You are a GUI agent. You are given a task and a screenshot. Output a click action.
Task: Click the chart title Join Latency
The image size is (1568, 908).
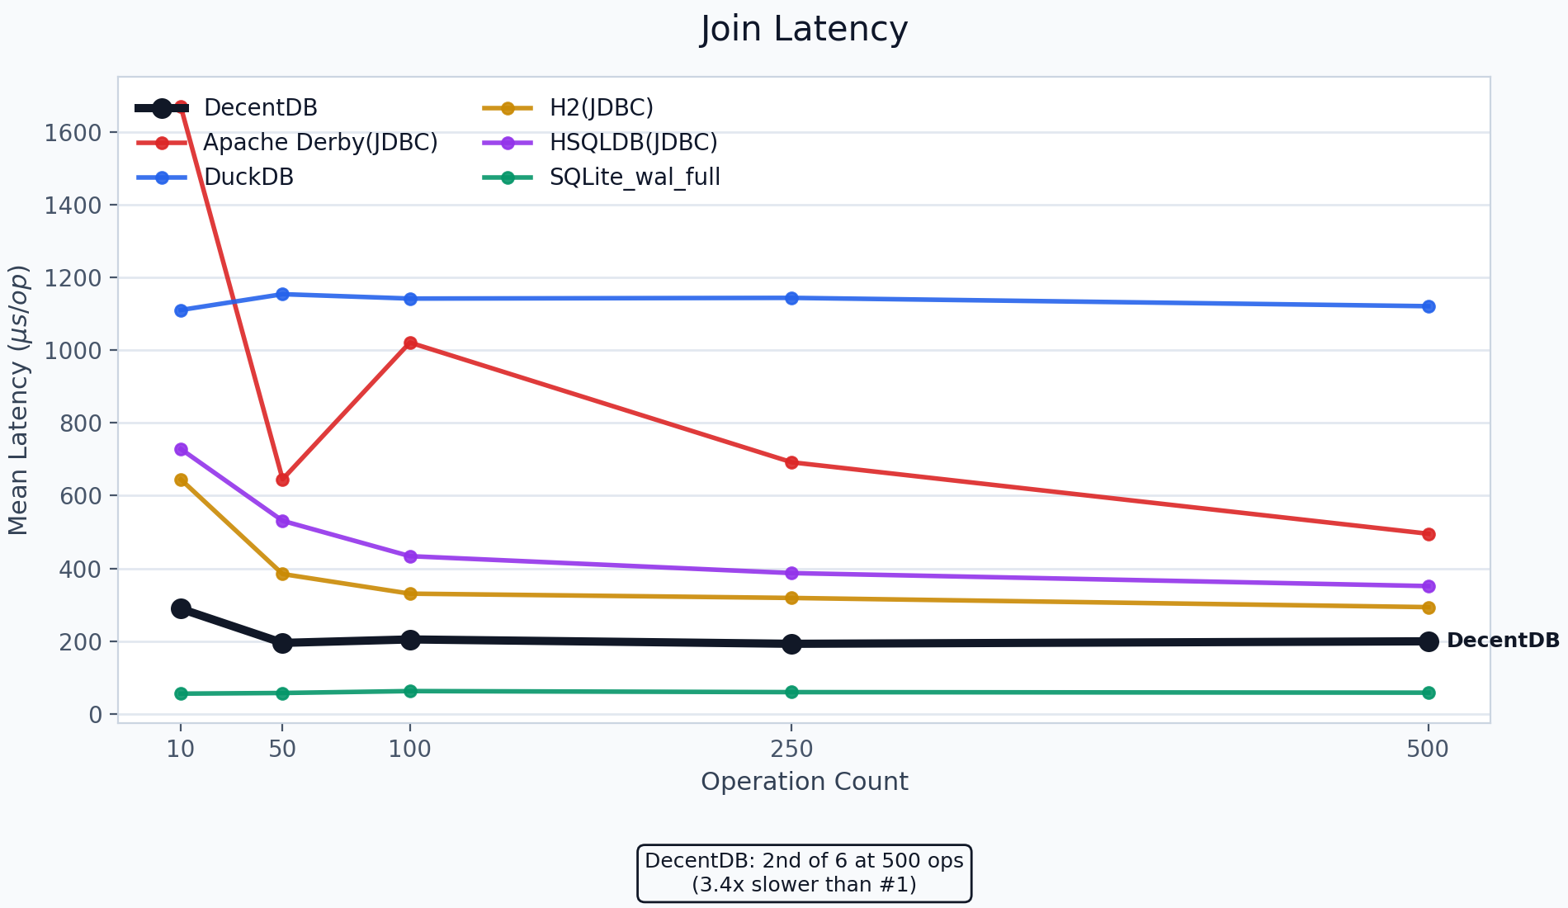pos(804,30)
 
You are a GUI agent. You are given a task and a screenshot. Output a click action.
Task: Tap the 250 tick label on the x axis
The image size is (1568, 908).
pos(791,750)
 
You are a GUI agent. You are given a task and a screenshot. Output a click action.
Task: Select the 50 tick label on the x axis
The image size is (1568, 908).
pos(282,750)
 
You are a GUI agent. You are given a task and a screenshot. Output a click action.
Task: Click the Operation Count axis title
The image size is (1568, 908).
pos(804,782)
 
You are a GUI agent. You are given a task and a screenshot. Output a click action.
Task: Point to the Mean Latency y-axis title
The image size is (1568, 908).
pos(19,400)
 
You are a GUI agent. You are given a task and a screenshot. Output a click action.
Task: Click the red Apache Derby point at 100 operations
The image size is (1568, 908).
pos(410,343)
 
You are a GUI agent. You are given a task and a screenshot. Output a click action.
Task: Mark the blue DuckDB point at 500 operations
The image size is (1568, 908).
pos(1429,306)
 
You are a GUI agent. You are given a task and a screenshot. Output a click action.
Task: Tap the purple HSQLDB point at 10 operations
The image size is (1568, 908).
pos(181,449)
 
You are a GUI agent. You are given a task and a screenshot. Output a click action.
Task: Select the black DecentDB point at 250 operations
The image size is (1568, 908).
pos(791,644)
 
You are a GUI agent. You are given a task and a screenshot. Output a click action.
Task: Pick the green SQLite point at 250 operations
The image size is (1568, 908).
pos(791,692)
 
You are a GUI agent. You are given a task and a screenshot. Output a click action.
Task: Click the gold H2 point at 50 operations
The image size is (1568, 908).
pos(282,574)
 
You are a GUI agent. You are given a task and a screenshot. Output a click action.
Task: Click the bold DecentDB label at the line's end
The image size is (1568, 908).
pos(1503,641)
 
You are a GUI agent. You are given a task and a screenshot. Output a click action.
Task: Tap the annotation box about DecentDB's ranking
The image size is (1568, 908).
pos(804,873)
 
